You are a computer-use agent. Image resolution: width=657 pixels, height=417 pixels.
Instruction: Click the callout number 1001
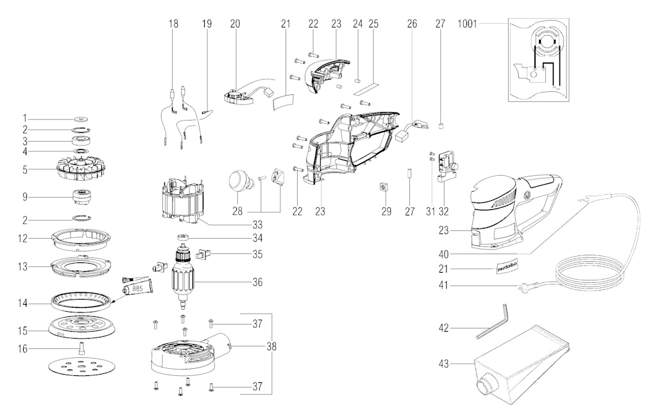point(467,24)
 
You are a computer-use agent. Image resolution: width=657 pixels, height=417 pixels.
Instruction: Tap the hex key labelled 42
point(492,321)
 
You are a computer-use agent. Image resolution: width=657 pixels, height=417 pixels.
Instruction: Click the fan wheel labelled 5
point(81,169)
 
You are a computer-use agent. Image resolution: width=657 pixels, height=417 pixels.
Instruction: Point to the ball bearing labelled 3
point(81,140)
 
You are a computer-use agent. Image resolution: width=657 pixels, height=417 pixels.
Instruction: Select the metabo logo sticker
point(508,266)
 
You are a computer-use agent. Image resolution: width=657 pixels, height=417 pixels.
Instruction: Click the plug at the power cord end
point(524,287)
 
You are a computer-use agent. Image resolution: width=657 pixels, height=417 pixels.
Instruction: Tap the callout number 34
point(257,239)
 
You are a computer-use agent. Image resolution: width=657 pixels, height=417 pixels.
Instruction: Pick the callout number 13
point(22,267)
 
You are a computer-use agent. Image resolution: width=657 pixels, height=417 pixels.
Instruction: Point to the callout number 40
point(443,255)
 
